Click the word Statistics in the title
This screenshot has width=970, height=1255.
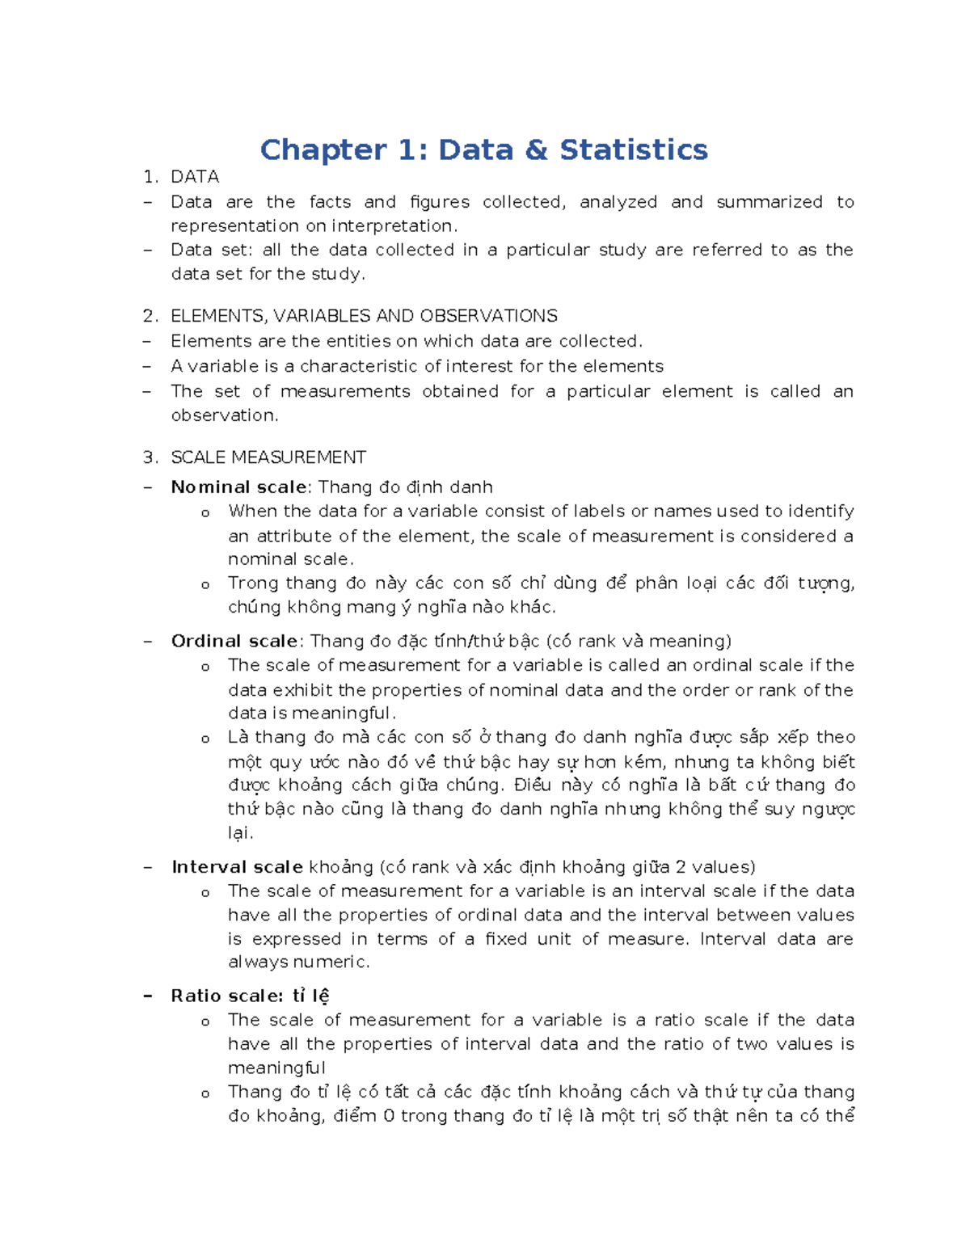(633, 150)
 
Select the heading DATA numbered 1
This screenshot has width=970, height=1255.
(195, 177)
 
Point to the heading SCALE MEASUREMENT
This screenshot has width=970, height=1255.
(268, 457)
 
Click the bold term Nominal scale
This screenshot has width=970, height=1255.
(238, 487)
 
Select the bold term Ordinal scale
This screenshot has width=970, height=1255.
(234, 642)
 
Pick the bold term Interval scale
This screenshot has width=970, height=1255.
(237, 867)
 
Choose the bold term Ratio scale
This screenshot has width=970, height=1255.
(226, 996)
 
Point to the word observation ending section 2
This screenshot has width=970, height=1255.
(223, 415)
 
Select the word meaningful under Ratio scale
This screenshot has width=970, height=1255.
(276, 1068)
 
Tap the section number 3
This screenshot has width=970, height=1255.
(150, 457)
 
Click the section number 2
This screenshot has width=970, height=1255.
(150, 316)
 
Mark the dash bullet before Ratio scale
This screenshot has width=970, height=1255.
(147, 996)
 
